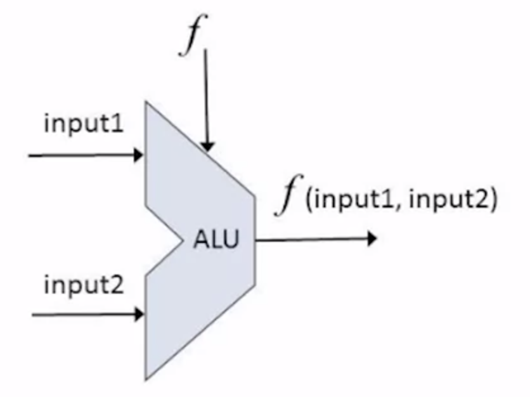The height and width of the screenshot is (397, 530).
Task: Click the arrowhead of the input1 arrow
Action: point(139,155)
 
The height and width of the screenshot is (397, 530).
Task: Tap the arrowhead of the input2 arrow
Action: point(139,313)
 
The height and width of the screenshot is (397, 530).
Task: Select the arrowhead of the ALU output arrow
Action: point(372,239)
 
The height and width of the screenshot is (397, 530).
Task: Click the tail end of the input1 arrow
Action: point(30,155)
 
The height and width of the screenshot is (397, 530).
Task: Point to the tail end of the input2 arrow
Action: point(33,313)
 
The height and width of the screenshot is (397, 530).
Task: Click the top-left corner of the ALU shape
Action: point(146,102)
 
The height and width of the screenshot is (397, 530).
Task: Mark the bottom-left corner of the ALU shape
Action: point(146,379)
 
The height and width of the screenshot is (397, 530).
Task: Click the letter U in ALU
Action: point(232,241)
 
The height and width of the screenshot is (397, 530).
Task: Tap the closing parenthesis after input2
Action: point(492,202)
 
